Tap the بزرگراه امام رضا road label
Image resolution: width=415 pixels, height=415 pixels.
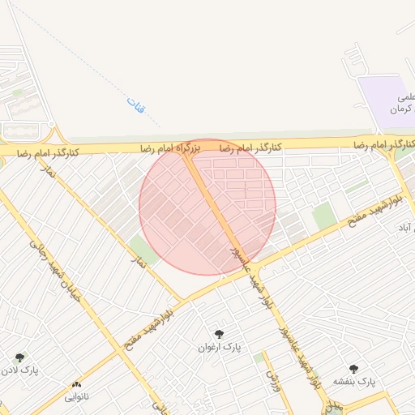tap(169, 148)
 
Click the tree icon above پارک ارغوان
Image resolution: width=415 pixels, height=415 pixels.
tap(218, 333)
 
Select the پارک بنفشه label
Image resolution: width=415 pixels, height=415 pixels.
tap(354, 381)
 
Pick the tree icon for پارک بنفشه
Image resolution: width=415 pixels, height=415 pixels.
tap(353, 368)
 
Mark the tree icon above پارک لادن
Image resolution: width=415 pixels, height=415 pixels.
tap(19, 357)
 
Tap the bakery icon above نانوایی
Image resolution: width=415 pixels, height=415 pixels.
tap(77, 385)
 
